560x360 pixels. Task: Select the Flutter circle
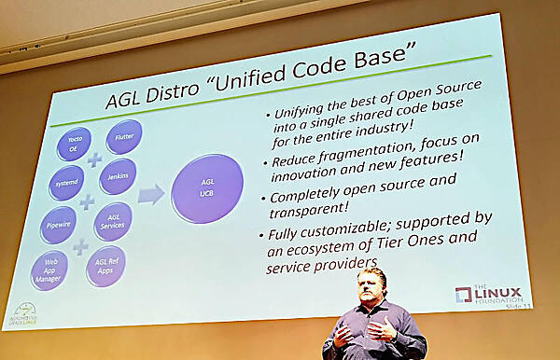(123, 136)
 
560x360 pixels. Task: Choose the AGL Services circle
(113, 222)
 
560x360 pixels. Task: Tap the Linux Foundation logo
(486, 293)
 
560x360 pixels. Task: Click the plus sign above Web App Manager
(82, 248)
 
